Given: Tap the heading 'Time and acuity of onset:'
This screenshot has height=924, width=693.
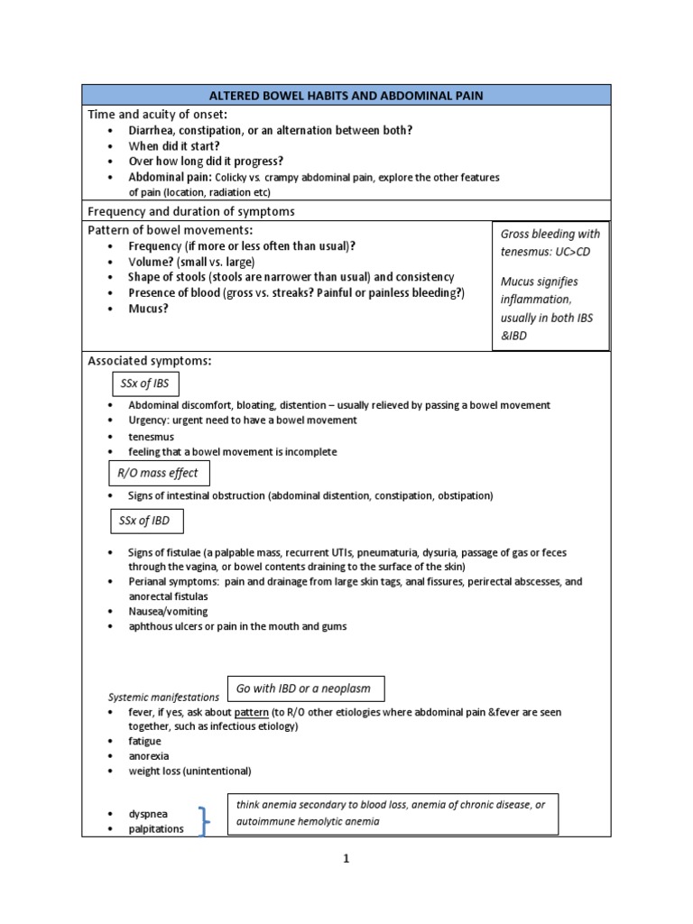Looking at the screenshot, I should coord(157,114).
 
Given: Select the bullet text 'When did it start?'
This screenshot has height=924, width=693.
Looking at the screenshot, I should coord(173,145).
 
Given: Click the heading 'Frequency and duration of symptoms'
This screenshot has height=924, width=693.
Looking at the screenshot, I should coord(190,211).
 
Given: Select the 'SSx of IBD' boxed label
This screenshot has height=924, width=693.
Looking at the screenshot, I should coord(144,522).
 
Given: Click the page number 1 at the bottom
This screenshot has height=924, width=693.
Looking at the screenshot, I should coord(346,859).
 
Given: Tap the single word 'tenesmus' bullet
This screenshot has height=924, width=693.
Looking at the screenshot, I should coord(152,436).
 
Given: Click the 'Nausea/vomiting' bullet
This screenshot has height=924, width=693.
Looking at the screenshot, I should coord(168,611).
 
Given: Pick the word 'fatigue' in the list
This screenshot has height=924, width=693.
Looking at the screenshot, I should coord(145,741).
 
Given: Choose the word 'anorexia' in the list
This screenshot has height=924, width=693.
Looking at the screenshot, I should coord(148,756).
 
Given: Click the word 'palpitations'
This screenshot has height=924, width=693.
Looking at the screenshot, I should coord(156,828).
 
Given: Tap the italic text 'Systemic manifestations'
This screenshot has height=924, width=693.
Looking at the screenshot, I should coord(163,698).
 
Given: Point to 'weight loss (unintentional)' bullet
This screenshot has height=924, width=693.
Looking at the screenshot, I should coord(189,772).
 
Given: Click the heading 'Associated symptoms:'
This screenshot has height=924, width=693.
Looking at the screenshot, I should coord(149,361).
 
